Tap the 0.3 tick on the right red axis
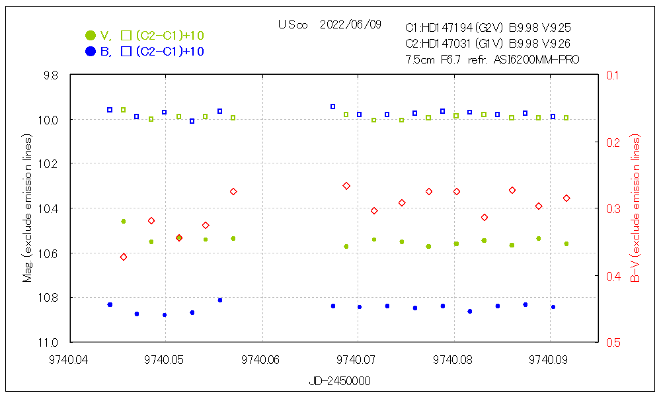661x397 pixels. click(x=609, y=208)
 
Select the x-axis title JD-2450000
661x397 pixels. click(x=340, y=382)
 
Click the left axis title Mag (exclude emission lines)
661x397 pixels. click(x=28, y=208)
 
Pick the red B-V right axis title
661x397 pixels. click(x=636, y=208)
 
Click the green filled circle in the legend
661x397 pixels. click(x=91, y=35)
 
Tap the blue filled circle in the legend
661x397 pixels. click(x=91, y=52)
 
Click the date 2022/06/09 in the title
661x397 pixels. click(x=350, y=24)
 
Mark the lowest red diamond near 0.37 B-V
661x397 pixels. click(x=124, y=257)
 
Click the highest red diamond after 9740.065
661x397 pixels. click(x=346, y=186)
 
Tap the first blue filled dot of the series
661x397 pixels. click(x=110, y=305)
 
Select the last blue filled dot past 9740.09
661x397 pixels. click(x=553, y=307)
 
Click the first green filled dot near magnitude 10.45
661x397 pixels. click(x=123, y=221)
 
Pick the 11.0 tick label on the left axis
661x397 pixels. click(x=50, y=342)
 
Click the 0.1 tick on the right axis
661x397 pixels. click(x=609, y=75)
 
